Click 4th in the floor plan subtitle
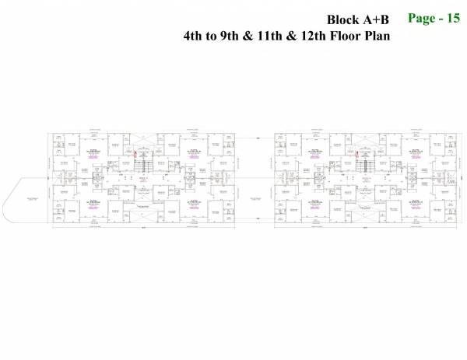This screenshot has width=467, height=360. coord(194,36)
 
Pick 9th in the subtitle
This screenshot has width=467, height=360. coord(233,36)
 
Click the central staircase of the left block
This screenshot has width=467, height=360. coord(142,165)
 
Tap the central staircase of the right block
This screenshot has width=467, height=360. coord(363,165)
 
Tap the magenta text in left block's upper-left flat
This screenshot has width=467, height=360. coord(92,155)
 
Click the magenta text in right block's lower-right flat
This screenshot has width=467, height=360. coord(413,207)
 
